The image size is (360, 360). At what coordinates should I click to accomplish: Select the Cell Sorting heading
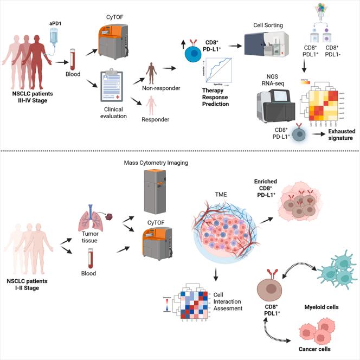[269, 25]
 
